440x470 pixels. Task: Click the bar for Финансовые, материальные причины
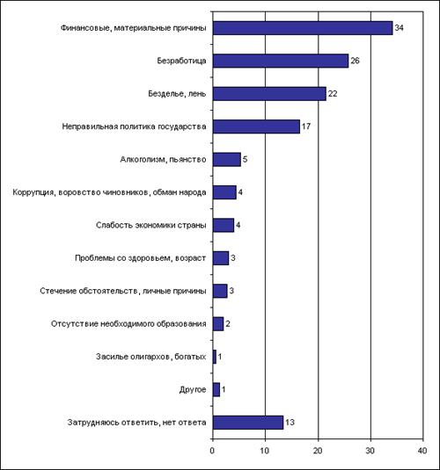point(303,28)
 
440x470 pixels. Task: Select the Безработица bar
point(281,61)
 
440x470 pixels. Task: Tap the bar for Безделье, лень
point(269,94)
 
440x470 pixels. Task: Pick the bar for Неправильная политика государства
point(256,127)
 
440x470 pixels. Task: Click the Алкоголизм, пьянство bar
point(227,160)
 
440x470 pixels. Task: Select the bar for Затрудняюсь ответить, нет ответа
point(248,423)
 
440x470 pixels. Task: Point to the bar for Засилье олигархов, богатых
point(215,357)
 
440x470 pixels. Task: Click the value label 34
point(400,28)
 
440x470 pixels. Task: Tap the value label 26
point(355,61)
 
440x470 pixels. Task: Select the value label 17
point(306,127)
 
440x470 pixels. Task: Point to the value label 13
point(290,423)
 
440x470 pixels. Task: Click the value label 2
point(228,323)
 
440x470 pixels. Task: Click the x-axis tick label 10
point(265,451)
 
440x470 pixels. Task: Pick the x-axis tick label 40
point(422,451)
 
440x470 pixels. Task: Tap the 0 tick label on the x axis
point(213,451)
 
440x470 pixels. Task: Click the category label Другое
point(193,390)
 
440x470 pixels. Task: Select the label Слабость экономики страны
point(151,225)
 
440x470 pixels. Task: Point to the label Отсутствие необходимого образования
point(128,323)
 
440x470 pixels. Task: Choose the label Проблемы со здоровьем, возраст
point(140,258)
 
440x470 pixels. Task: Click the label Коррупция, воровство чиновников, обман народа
point(109,192)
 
